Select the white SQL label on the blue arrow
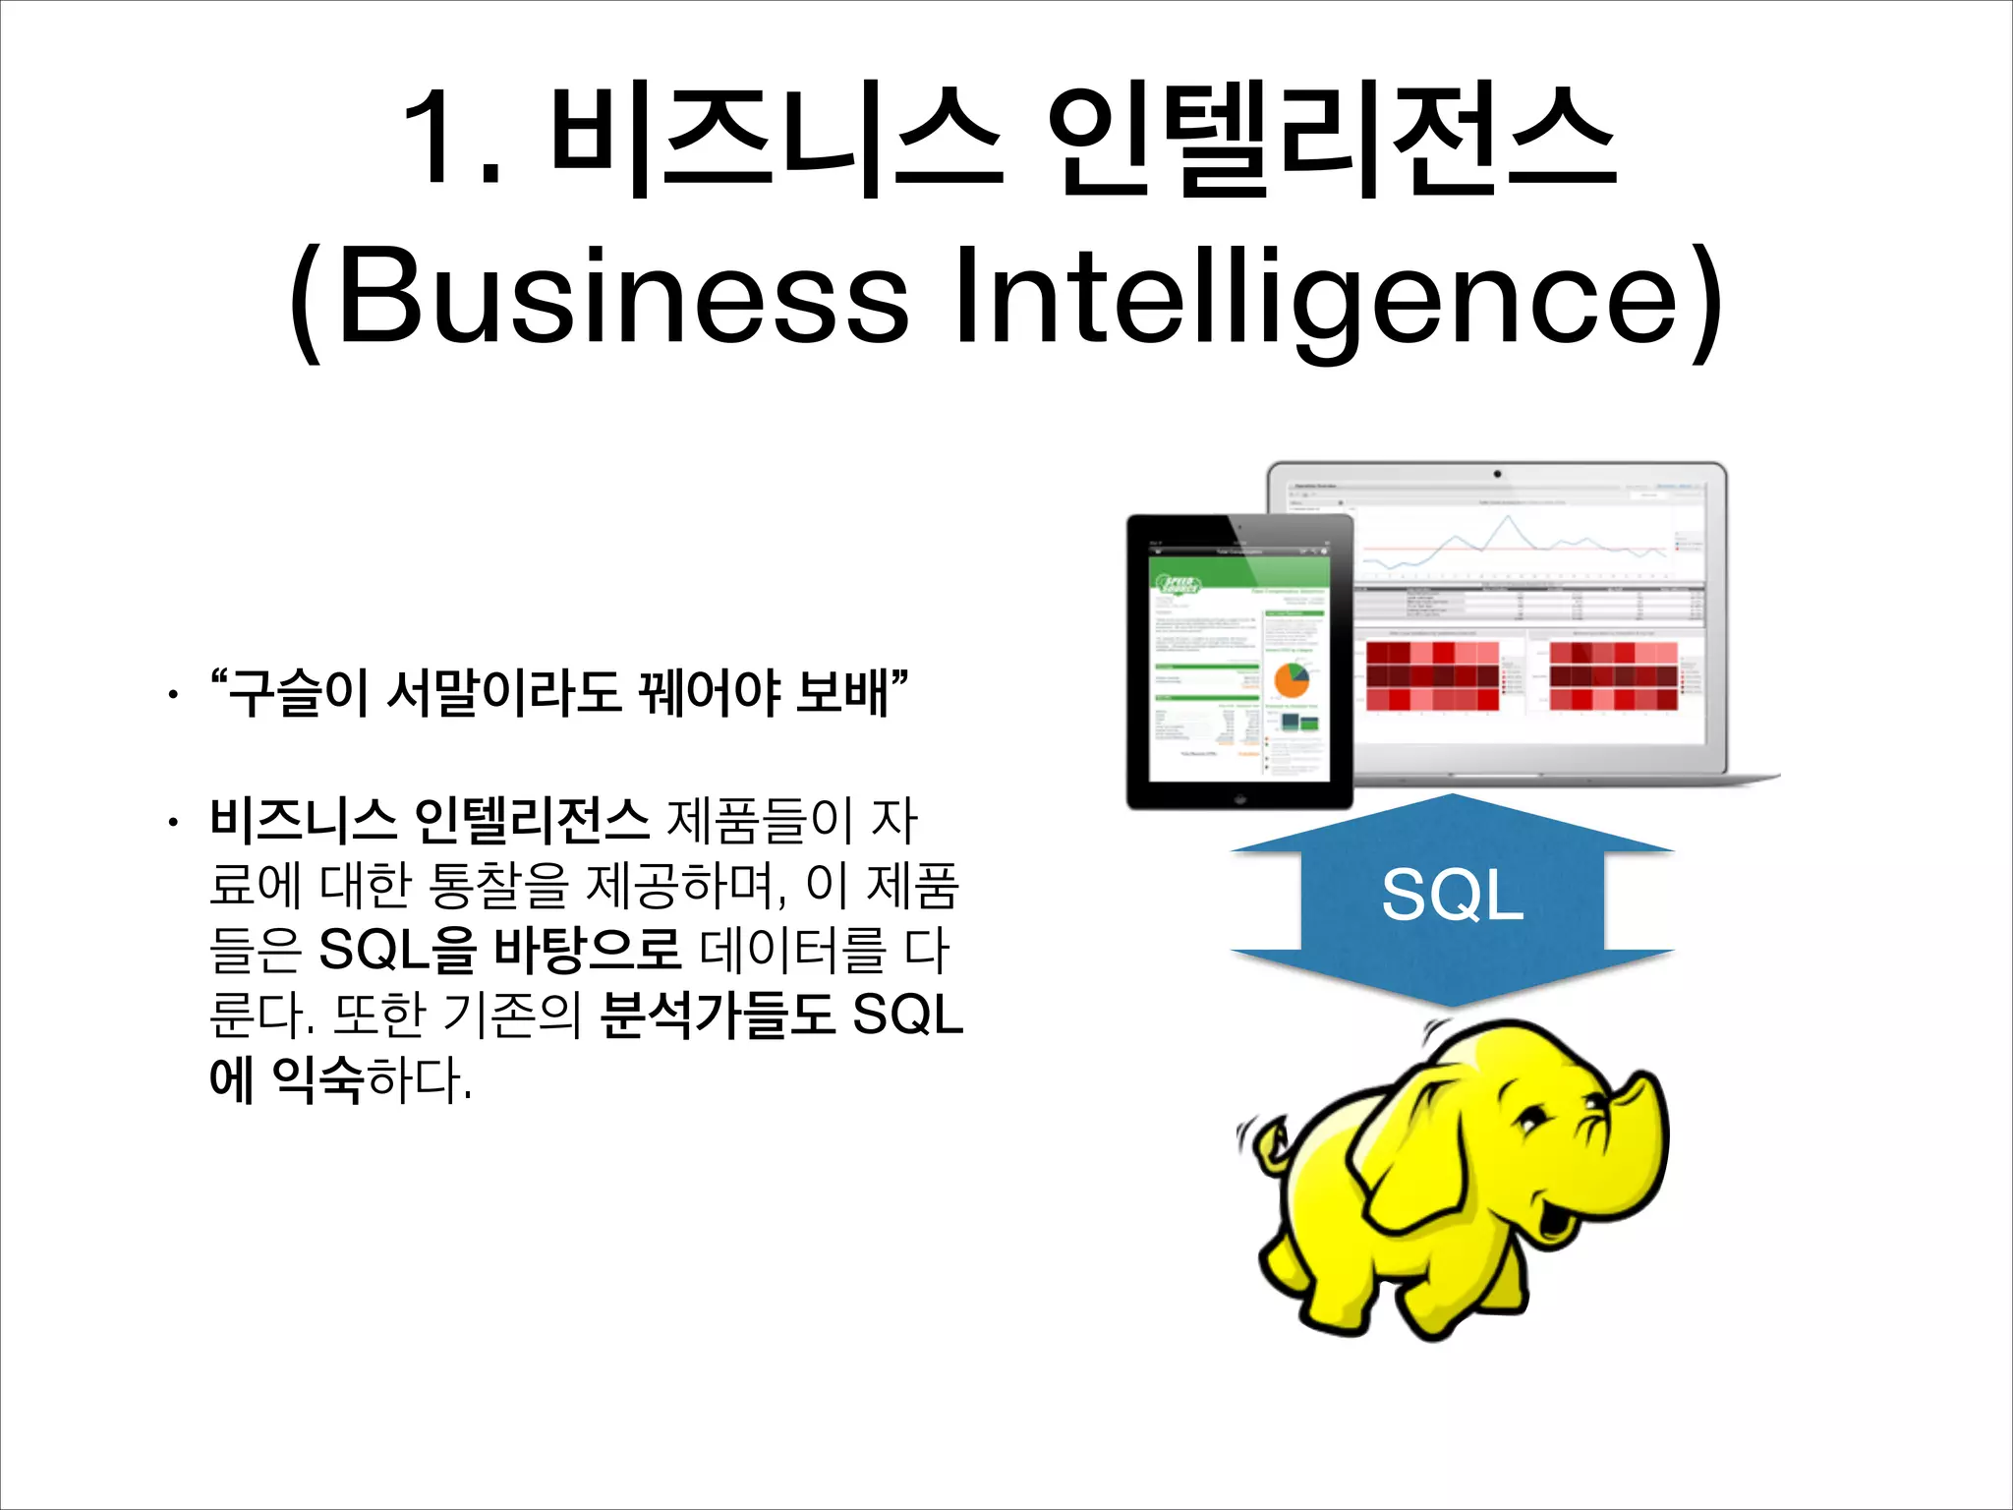tap(1452, 895)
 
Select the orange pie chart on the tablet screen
tap(1291, 680)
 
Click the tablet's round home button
tap(1240, 797)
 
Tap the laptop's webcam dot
tap(1497, 474)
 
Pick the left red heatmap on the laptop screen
tap(1432, 675)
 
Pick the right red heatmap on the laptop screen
tap(1613, 675)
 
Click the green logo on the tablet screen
tap(1177, 584)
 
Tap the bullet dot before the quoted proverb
tap(173, 696)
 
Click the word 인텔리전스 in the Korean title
tap(1332, 138)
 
